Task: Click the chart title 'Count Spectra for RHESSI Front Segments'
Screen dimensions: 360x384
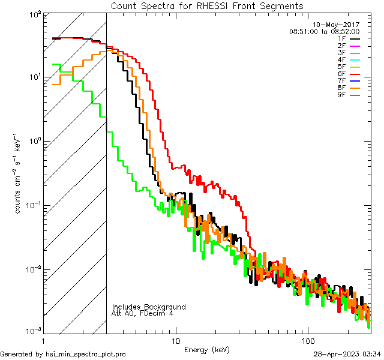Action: (206, 6)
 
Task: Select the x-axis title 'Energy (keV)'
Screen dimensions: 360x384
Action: (207, 349)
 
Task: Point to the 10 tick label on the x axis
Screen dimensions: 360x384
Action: (175, 340)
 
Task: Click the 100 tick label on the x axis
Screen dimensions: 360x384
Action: (307, 340)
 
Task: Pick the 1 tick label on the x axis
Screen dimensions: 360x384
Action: (44, 340)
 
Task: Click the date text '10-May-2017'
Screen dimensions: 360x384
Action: (339, 25)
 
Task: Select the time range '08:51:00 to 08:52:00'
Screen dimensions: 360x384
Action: (324, 31)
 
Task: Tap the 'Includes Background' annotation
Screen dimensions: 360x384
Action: (149, 307)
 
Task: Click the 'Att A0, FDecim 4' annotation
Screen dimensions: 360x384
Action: (143, 313)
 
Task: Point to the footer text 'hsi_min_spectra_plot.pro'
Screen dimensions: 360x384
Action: (86, 355)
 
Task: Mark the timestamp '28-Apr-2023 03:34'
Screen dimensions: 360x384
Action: (347, 355)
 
